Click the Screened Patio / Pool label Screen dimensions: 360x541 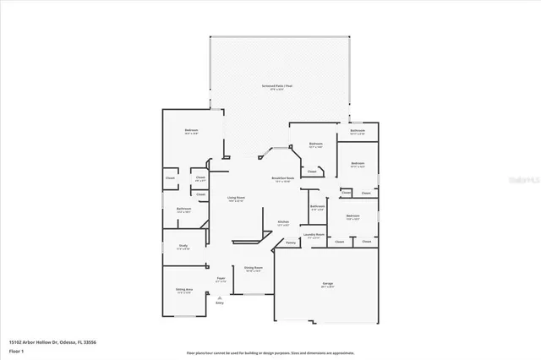276,86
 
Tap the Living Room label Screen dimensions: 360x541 235,198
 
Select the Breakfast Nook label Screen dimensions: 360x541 282,178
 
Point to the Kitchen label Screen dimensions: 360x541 284,222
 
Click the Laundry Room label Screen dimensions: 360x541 314,235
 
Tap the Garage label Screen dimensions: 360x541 327,284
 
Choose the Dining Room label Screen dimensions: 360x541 253,268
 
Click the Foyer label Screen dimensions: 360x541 221,277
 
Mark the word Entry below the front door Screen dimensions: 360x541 220,302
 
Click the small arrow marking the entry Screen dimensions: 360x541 220,296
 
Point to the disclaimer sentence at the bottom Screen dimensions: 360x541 270,351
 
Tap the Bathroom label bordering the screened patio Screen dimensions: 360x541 358,131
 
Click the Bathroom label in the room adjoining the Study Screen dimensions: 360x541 183,209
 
